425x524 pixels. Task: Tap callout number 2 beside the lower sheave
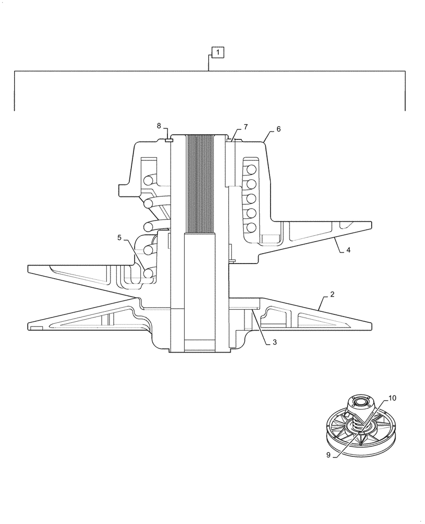point(332,296)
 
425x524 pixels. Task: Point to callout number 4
point(348,250)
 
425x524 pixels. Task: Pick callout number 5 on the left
point(119,237)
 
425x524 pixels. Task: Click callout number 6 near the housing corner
point(278,129)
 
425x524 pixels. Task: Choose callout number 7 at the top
point(245,127)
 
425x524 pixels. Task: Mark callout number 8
point(159,125)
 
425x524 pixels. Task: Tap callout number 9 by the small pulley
point(329,455)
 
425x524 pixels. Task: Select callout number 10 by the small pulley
point(392,398)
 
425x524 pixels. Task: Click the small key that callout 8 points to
point(169,139)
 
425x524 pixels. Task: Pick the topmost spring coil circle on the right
point(251,169)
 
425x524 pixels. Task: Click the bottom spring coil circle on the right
point(251,227)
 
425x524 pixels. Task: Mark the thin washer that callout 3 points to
point(244,303)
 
